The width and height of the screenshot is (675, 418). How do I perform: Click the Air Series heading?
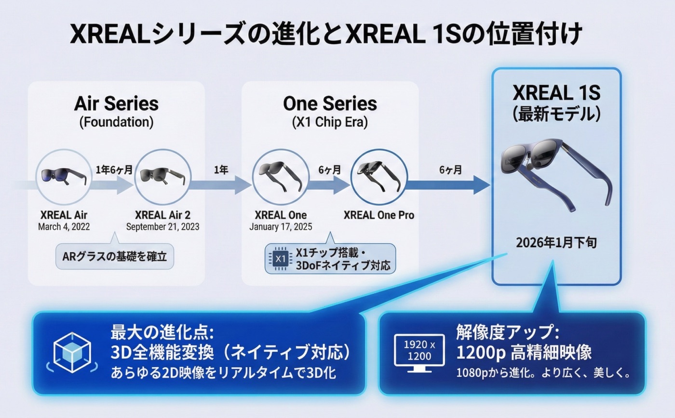tap(116, 104)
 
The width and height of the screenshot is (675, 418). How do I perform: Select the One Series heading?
tap(330, 104)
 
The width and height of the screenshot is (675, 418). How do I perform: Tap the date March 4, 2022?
tap(64, 226)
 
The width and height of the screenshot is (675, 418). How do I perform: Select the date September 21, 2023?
tap(162, 226)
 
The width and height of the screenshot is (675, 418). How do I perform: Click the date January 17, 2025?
tap(281, 226)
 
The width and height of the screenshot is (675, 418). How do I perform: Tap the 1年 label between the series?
tap(221, 170)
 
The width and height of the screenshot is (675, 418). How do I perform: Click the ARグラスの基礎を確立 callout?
tap(115, 256)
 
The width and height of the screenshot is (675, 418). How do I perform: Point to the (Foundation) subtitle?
tap(116, 122)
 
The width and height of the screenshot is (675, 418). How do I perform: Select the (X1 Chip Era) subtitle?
tap(330, 122)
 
